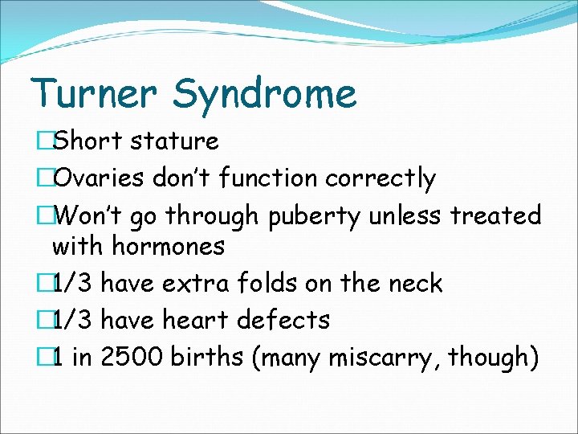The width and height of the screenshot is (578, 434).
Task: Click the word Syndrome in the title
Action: [264, 94]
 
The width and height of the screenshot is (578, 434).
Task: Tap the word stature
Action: [174, 141]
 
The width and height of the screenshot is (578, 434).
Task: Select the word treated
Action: [495, 215]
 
